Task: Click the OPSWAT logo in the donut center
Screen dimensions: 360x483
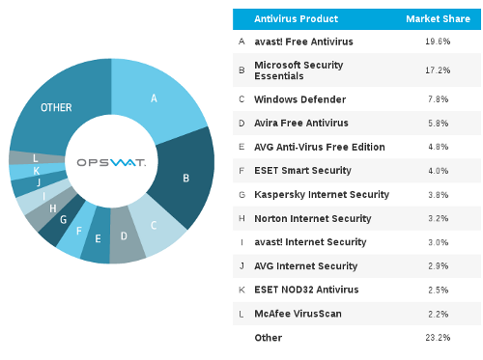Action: coord(111,162)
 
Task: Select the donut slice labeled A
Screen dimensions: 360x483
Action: coord(154,98)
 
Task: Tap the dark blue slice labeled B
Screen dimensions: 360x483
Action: coord(185,178)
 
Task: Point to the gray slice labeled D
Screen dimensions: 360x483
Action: coord(125,236)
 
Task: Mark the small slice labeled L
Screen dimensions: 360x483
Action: coord(35,157)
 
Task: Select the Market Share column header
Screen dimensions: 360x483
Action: coord(437,18)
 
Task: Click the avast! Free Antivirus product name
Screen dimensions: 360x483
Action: coord(303,42)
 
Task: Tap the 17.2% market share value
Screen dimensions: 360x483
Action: coord(437,70)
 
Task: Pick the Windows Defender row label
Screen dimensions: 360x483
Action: coord(294,98)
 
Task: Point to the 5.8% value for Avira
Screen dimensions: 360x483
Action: coord(437,123)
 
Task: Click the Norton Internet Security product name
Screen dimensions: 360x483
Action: coord(312,218)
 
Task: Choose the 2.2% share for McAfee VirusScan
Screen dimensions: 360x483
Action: coord(437,314)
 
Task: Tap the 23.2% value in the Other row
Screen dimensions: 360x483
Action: coord(437,338)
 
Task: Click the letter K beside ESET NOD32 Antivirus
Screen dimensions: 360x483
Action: coord(241,290)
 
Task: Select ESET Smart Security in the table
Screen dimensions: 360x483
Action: coord(301,171)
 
